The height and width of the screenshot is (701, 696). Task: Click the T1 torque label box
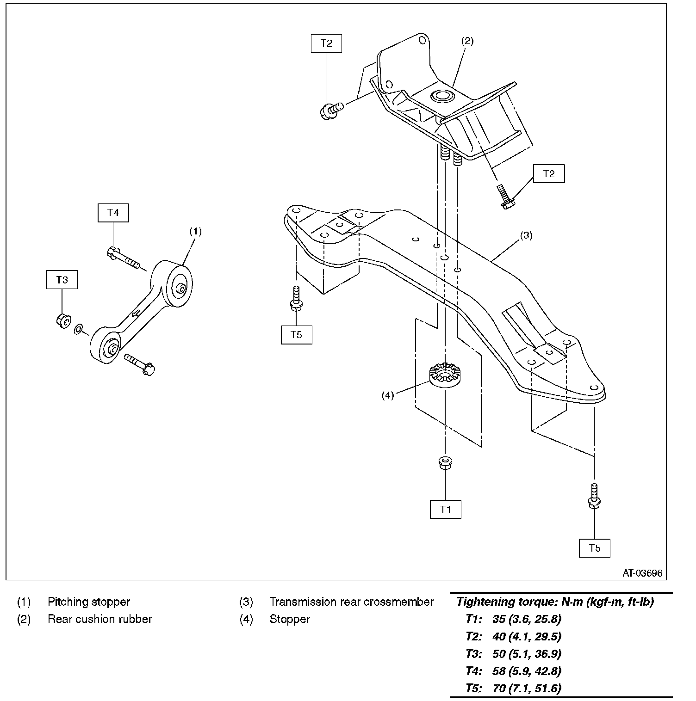[445, 509]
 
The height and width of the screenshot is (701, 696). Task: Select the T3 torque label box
[62, 280]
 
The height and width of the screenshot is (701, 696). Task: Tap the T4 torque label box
[113, 213]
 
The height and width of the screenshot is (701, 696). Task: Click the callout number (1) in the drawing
[196, 231]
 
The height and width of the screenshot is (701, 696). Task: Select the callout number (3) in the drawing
[526, 235]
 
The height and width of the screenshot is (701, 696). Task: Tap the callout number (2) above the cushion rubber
[467, 41]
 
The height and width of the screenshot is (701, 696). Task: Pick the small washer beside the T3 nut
[79, 329]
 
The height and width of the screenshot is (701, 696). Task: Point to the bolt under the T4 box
[122, 257]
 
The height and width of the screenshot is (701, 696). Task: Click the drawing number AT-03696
[642, 573]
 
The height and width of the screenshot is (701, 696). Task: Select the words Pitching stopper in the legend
[89, 602]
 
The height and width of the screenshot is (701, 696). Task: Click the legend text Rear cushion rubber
[100, 619]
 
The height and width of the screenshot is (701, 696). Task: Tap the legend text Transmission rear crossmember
[351, 602]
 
